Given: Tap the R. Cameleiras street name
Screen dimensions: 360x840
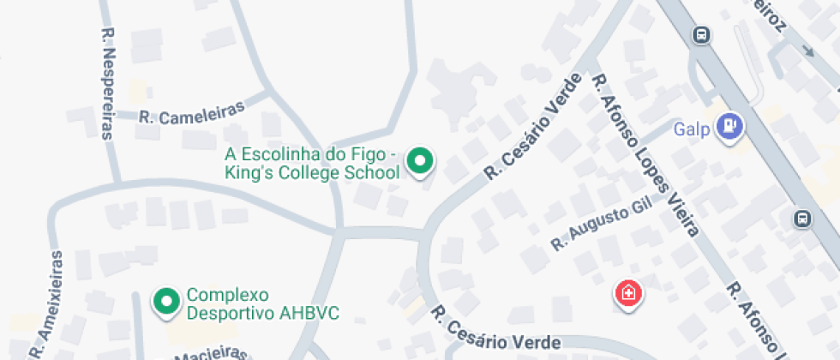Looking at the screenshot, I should click(x=192, y=112).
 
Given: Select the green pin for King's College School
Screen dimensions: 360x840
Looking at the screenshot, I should click(x=419, y=160).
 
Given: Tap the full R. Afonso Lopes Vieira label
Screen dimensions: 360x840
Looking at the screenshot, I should click(x=645, y=154).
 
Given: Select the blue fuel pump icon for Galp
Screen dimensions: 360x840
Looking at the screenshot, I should click(x=730, y=126).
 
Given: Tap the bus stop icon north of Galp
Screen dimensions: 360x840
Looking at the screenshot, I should click(x=702, y=35).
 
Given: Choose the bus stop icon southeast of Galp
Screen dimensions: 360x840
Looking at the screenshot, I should click(x=802, y=219).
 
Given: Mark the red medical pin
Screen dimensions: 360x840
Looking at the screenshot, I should click(x=628, y=294).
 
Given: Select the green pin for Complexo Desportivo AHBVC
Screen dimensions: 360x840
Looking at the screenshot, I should click(x=165, y=301).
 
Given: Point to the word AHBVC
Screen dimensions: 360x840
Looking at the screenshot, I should click(x=309, y=313).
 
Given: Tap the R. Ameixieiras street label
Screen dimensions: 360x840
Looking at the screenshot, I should click(x=47, y=303).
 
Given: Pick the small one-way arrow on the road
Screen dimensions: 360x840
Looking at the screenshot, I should click(x=807, y=51).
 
